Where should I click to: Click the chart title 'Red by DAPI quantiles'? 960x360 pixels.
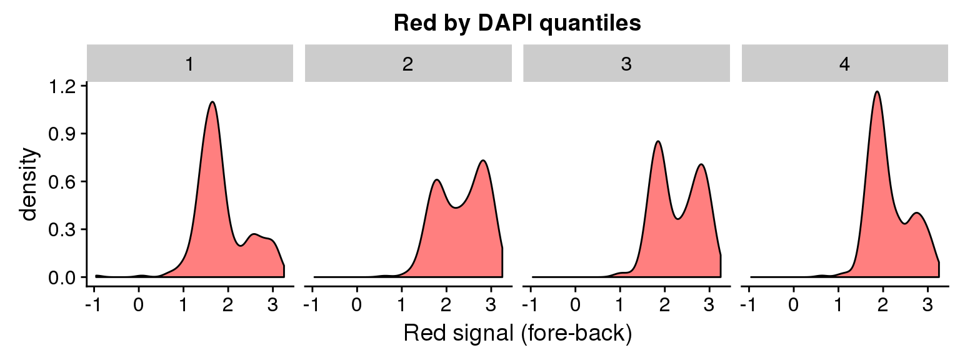coord(517,23)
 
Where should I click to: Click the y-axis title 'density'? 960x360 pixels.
coord(29,184)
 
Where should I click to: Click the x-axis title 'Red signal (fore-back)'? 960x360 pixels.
coord(517,333)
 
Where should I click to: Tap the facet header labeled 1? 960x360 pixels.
coord(190,63)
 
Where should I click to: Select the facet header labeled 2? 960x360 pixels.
coord(408,63)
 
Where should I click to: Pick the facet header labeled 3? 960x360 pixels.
coord(627,63)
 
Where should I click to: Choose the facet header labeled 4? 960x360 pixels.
coord(845,63)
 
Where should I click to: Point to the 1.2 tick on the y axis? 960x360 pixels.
coord(62,87)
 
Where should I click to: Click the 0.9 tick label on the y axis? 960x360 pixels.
coord(62,134)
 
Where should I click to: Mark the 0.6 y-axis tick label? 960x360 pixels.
coord(62,182)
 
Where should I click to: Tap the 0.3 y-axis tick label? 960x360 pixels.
coord(62,230)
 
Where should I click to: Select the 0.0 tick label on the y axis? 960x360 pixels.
coord(62,277)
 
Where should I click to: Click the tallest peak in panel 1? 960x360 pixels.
coord(212,102)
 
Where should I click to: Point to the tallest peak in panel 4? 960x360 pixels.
coord(877,92)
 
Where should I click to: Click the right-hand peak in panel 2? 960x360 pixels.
coord(483,161)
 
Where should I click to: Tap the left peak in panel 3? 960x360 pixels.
coord(658,141)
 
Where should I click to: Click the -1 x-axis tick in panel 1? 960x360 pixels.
coord(93,305)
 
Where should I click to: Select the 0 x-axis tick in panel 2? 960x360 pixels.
coord(357,305)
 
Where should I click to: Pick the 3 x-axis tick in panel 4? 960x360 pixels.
coord(927,305)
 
